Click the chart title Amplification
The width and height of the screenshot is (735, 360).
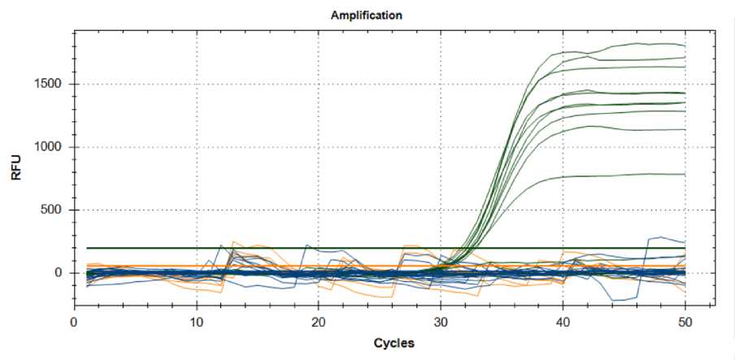click(366, 15)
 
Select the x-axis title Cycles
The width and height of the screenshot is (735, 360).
click(394, 343)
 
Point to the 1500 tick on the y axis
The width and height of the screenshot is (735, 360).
click(54, 85)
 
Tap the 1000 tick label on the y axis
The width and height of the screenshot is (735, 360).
click(54, 147)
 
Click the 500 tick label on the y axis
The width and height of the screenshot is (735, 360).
click(58, 210)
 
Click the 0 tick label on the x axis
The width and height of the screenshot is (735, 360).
click(75, 320)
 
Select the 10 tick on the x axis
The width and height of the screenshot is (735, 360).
click(197, 320)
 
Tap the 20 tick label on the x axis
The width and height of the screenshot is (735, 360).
click(319, 320)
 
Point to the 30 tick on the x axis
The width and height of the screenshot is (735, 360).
click(441, 320)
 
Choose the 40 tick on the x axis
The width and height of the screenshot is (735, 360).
click(563, 320)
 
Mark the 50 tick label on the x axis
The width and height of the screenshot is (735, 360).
click(685, 320)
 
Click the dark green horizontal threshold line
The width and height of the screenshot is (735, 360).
click(244, 248)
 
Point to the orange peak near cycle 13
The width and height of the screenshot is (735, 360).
click(233, 241)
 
